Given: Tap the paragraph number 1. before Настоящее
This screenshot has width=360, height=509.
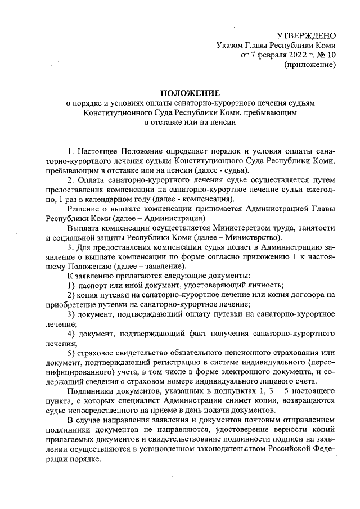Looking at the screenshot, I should (70, 152).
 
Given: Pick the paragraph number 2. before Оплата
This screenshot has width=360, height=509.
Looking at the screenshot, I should (70, 180).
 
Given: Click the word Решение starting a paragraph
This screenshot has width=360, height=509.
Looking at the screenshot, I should (83, 209).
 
